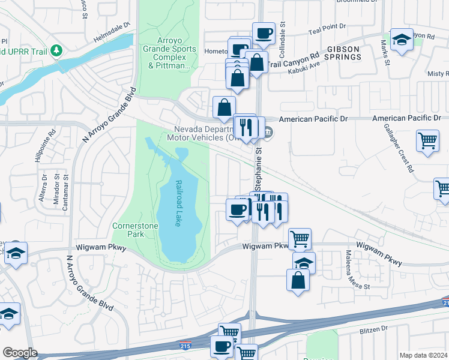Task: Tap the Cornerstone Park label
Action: [x=128, y=230]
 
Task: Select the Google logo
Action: [x=20, y=353]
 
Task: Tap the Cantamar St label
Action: [x=66, y=187]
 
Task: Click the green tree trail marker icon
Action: [x=57, y=50]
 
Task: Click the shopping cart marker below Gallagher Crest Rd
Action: [x=427, y=141]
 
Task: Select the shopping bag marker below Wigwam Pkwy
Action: [x=298, y=280]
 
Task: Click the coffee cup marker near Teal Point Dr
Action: [x=263, y=33]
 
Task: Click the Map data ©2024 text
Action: [x=423, y=355]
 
